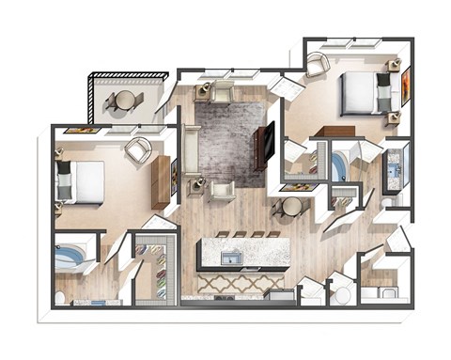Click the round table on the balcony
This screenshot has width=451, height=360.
coord(124,99)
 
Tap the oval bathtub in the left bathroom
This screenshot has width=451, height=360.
coord(71,256)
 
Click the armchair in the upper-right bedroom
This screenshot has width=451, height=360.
coord(318,64)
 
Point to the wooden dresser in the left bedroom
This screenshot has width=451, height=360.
coord(161,182)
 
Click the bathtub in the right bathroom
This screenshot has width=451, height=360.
coord(338,166)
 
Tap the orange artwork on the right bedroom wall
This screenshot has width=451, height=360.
coord(406,87)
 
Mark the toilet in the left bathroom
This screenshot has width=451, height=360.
coord(60,298)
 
